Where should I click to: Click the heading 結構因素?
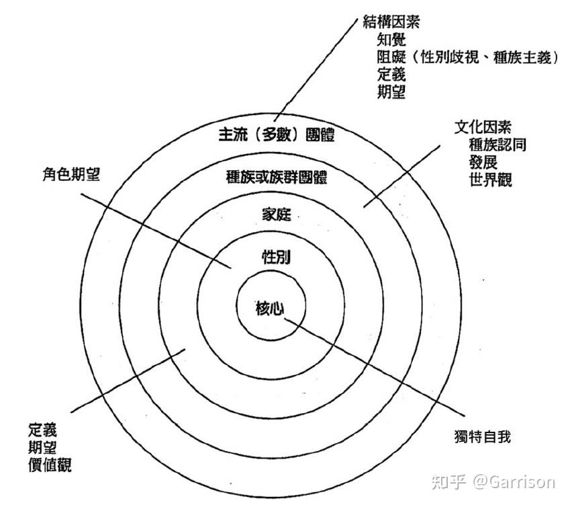pos(391,22)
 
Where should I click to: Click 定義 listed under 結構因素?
pos(391,75)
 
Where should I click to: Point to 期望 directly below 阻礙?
pos(391,92)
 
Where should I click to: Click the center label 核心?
pos(272,307)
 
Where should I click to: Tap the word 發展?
pos(483,163)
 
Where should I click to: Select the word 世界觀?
pos(491,180)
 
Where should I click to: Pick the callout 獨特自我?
pos(482,437)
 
